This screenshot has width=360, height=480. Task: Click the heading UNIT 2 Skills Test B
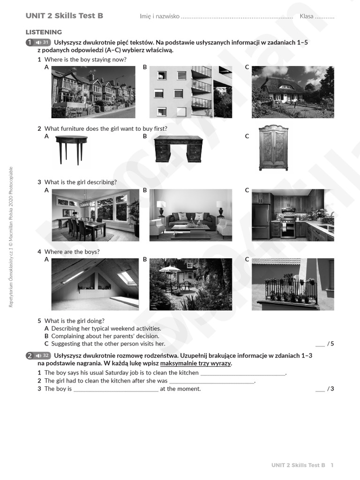(64, 16)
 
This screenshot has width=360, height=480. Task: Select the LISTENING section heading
(44, 32)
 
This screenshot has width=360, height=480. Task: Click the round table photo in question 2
(71, 149)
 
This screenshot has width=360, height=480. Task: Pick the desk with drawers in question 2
(178, 149)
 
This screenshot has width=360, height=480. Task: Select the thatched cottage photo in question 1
(292, 92)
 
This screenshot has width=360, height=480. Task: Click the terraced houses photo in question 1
(93, 92)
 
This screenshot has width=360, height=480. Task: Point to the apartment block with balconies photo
(190, 92)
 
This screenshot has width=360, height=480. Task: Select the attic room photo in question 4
(95, 284)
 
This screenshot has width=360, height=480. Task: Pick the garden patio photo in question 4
(190, 284)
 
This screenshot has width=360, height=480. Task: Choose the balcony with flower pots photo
(292, 284)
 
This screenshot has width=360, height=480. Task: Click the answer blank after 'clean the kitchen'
(243, 373)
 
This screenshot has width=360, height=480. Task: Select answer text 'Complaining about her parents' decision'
(105, 336)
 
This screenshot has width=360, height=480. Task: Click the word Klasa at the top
(307, 16)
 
